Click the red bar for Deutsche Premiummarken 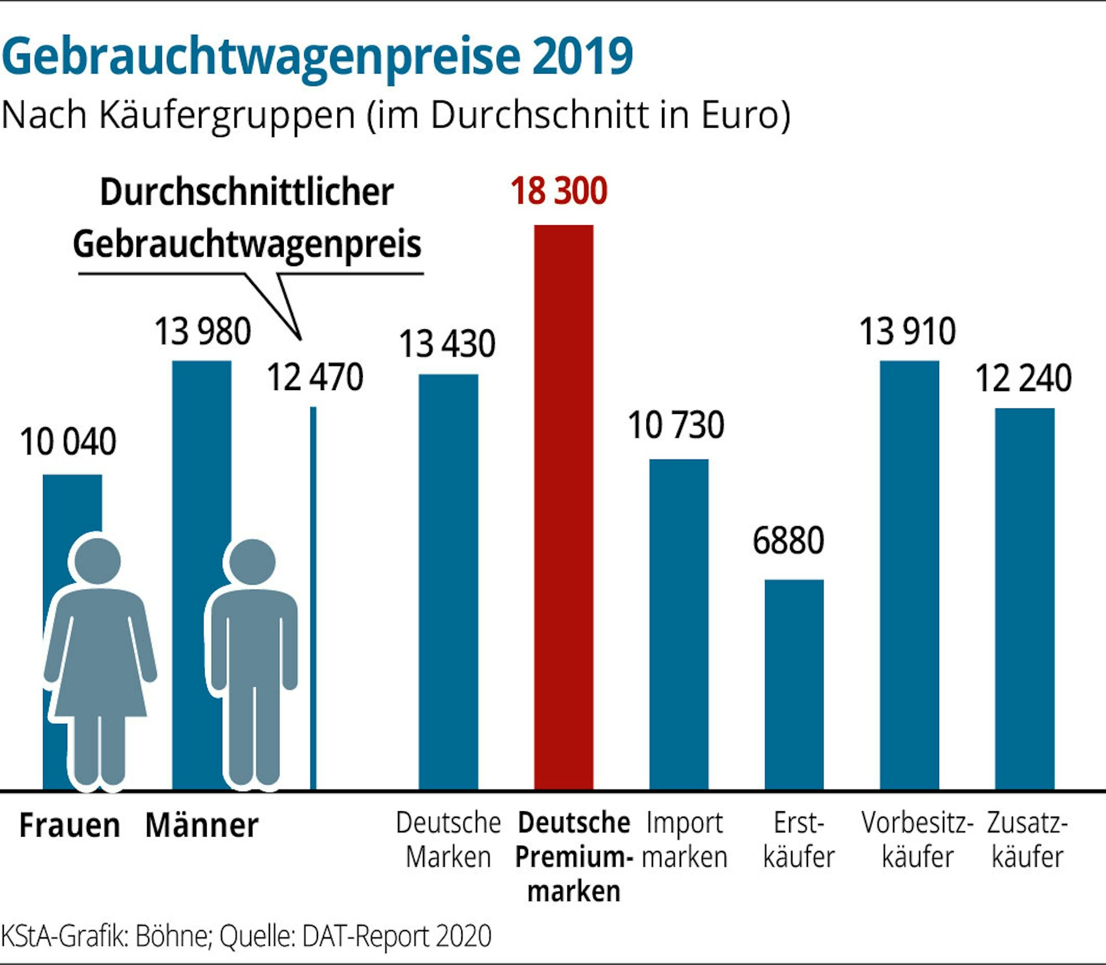tap(564, 506)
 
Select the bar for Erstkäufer tap(794, 684)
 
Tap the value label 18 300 tap(559, 191)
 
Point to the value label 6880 tap(788, 541)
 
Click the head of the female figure tap(97, 561)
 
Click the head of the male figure tap(252, 561)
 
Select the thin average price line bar tap(313, 598)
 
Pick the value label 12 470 tap(315, 377)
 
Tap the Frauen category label tap(70, 826)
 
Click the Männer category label tap(202, 826)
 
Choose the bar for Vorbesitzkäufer tap(909, 575)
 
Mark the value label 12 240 tap(1023, 379)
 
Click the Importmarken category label tap(685, 840)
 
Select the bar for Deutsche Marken tap(448, 581)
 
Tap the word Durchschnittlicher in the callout tap(247, 192)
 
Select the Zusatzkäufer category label tap(1027, 840)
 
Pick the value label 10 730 tap(676, 426)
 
